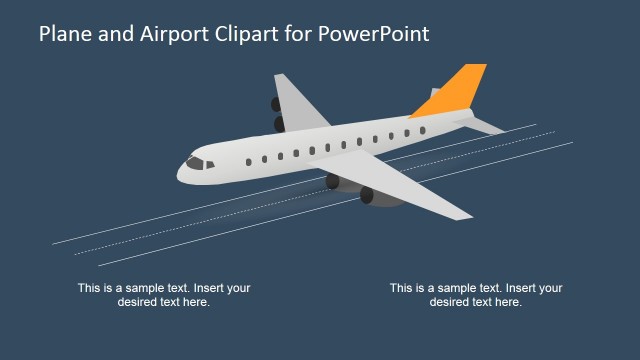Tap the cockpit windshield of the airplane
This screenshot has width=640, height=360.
tap(198, 162)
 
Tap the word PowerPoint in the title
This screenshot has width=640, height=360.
tap(376, 34)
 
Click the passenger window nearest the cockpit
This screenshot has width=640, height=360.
tap(248, 161)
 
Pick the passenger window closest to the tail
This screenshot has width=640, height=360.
tap(422, 131)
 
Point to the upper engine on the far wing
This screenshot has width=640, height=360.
tap(276, 103)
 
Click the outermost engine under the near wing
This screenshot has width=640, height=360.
tap(368, 195)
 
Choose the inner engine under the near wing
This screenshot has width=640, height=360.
tap(333, 181)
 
